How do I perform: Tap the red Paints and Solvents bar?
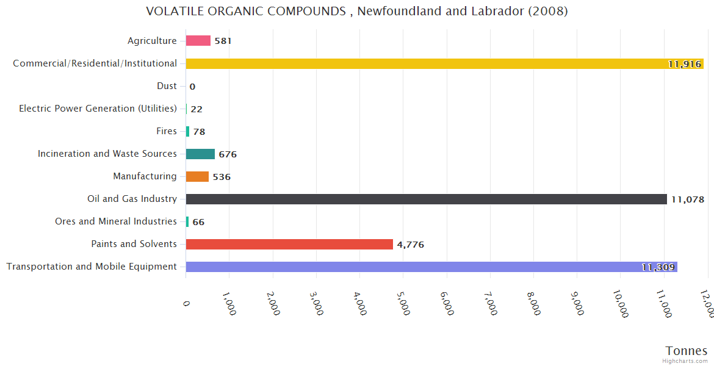coord(289,244)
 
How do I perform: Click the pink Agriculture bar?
coord(198,41)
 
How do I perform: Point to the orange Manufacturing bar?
coord(197,176)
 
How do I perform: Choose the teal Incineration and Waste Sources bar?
coord(200,154)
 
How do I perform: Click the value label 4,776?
coord(410,245)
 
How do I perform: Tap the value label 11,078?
coord(688,199)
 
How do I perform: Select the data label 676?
coord(228,154)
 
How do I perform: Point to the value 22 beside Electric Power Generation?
coord(197,109)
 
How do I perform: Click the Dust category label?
coord(167,86)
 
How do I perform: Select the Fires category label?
coord(167,131)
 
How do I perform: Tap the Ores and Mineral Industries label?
coord(116,221)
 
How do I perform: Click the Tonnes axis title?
coord(687,351)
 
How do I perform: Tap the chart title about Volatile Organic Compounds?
coord(357,12)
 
